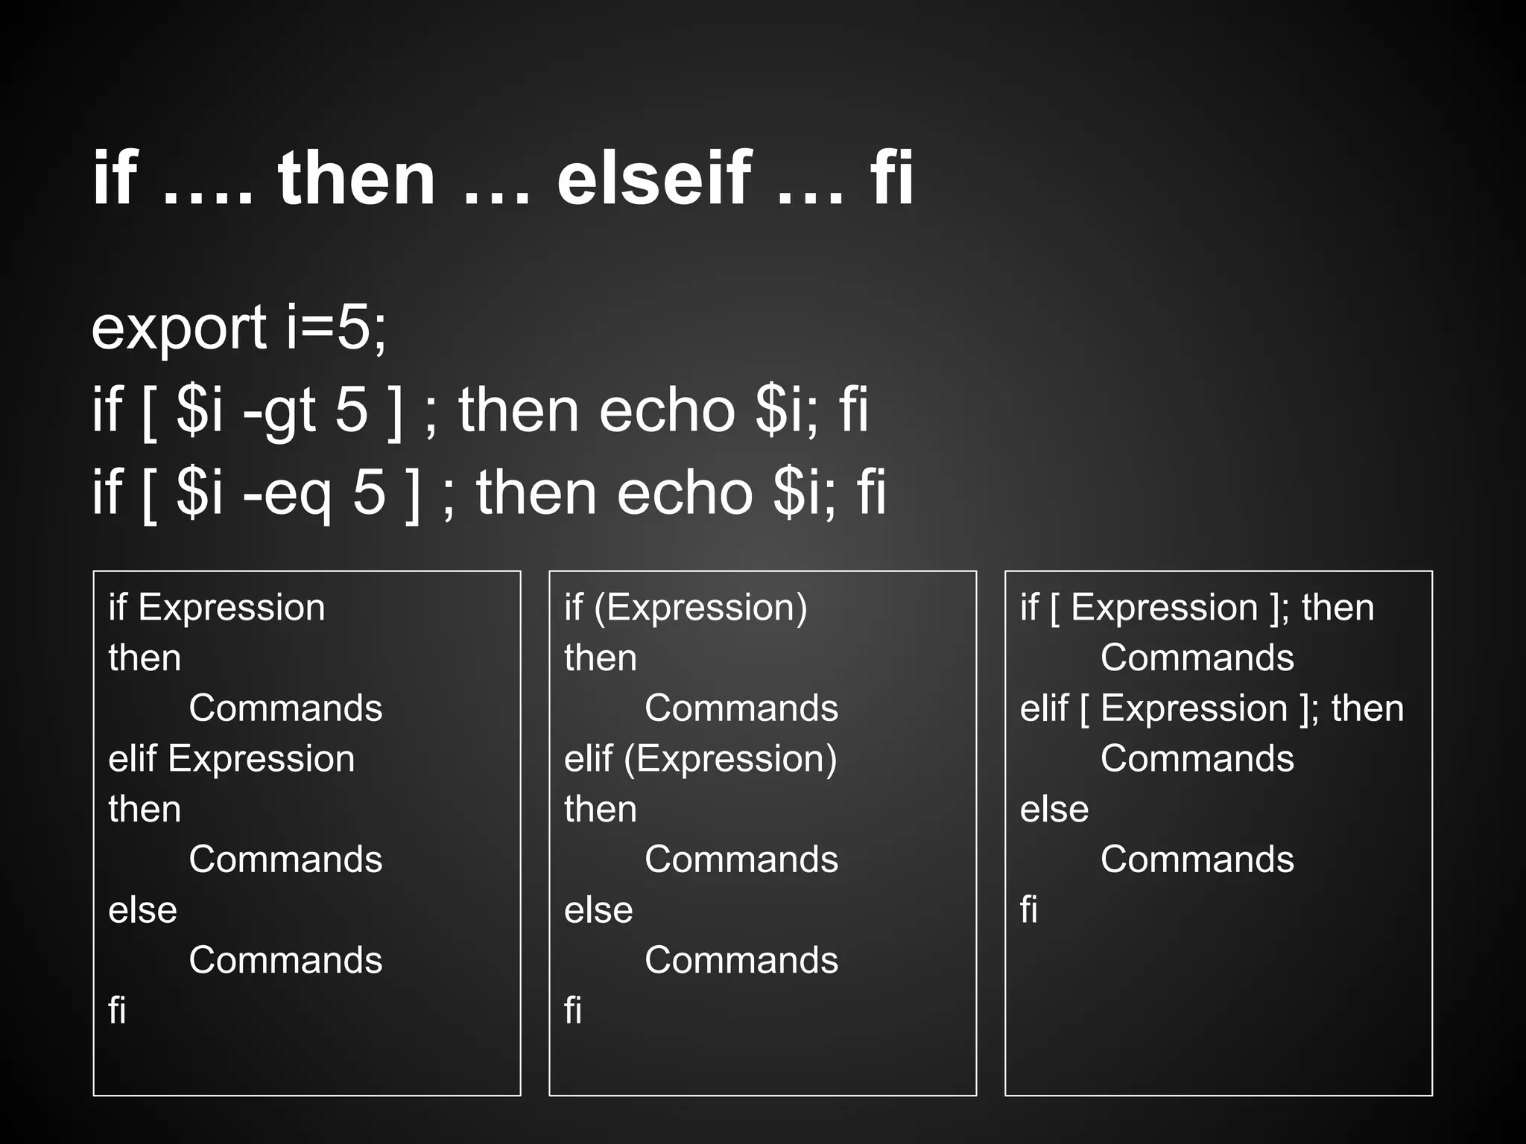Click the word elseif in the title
click(654, 179)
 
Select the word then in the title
click(356, 179)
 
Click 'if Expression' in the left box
click(217, 608)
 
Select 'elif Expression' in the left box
click(232, 759)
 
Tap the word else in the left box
click(143, 910)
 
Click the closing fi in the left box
click(117, 1011)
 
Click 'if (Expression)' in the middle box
click(686, 608)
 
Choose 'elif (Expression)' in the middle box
click(700, 759)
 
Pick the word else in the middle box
click(598, 910)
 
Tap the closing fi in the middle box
click(573, 1011)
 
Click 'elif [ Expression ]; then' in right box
click(1212, 708)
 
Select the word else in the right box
click(1054, 810)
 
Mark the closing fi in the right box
click(1029, 910)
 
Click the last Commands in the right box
click(1197, 859)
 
